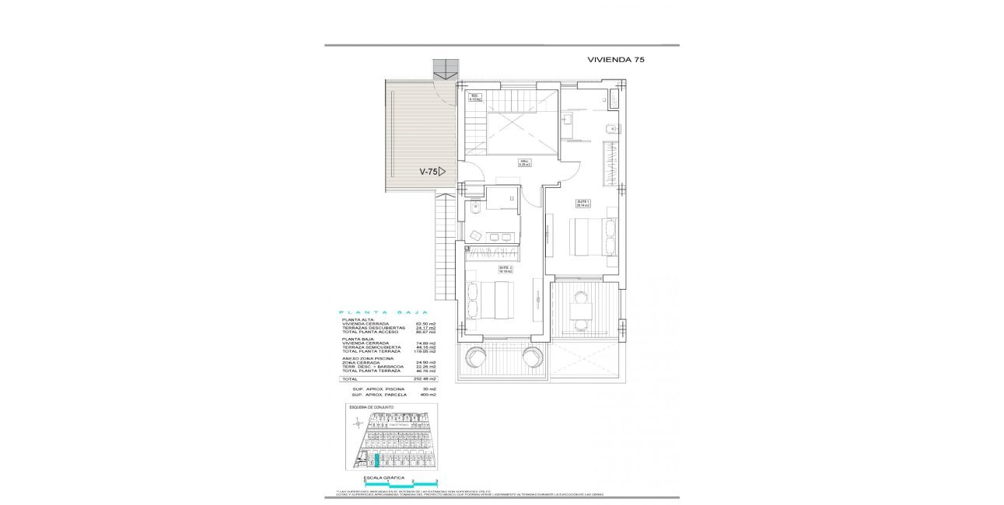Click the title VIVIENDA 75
tap(615, 59)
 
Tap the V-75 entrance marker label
tap(429, 172)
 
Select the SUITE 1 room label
tap(583, 203)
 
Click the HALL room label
tap(525, 163)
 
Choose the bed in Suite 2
tap(490, 300)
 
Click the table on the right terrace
tap(580, 311)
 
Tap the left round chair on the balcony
tap(475, 357)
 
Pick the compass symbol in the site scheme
tap(358, 423)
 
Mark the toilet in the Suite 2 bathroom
tap(474, 209)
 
